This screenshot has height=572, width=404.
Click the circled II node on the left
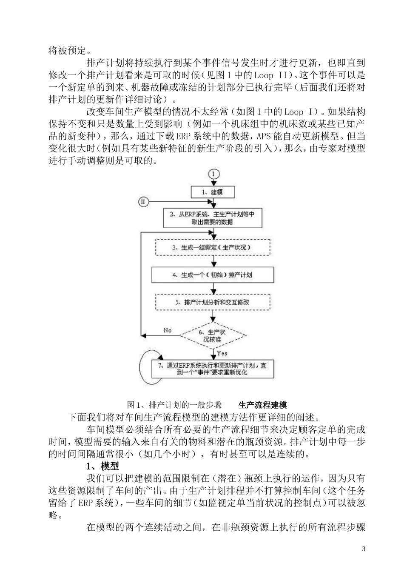coord(143,202)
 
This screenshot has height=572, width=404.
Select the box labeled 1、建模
coord(212,192)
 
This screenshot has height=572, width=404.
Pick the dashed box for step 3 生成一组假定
coord(212,247)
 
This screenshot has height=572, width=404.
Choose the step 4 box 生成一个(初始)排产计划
coord(212,275)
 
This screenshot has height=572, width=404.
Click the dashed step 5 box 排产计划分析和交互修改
coord(212,302)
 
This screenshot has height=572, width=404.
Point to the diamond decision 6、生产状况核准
coord(212,336)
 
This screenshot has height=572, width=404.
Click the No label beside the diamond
coord(168,330)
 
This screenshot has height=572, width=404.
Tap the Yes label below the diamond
coord(222,353)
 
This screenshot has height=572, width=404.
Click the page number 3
coord(364,549)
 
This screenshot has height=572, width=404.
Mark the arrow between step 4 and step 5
coord(212,289)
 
